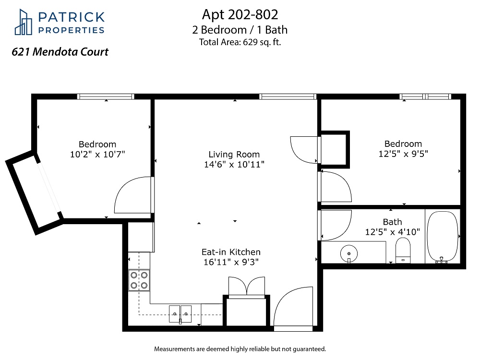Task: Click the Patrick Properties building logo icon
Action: (x=23, y=22)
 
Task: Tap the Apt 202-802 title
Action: (x=240, y=14)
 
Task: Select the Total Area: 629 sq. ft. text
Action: (x=240, y=42)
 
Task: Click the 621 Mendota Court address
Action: (x=60, y=52)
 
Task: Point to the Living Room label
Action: (x=234, y=154)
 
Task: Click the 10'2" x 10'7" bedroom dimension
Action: (x=97, y=154)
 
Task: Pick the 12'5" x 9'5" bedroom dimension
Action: (x=403, y=154)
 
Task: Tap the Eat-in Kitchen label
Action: (x=231, y=252)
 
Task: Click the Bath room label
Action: (x=393, y=222)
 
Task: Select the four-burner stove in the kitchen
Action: (x=139, y=280)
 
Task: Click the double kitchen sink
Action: (x=180, y=314)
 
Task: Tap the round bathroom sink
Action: (x=349, y=254)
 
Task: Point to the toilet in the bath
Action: (x=403, y=251)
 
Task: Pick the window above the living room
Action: (x=288, y=97)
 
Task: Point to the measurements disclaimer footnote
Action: (x=240, y=349)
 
